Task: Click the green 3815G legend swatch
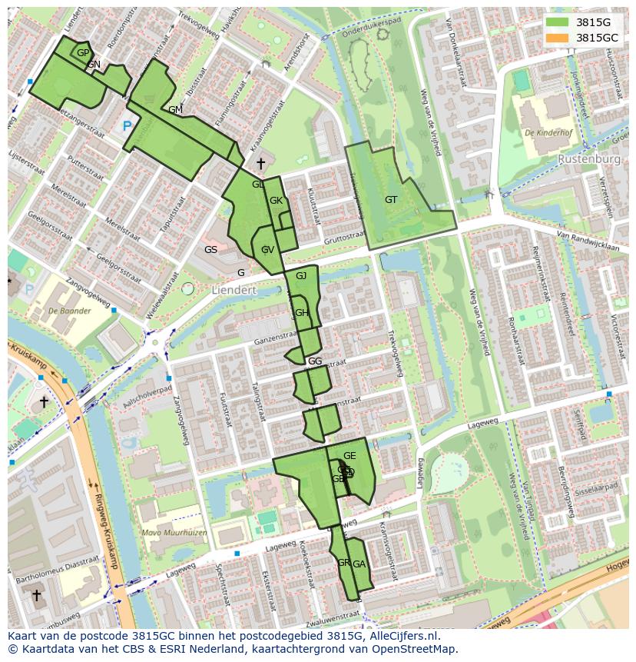click(557, 22)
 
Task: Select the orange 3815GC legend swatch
click(557, 37)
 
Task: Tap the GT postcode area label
click(391, 200)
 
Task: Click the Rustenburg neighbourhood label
click(589, 159)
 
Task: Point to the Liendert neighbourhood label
click(234, 291)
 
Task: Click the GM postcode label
click(175, 110)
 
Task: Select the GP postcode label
click(84, 52)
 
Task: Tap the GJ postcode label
click(301, 276)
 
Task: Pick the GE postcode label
click(349, 457)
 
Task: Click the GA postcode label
click(359, 564)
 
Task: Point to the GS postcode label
click(210, 250)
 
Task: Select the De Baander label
click(69, 311)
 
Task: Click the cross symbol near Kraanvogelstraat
click(260, 163)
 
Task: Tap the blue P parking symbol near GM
click(127, 125)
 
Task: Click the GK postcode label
click(277, 201)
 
